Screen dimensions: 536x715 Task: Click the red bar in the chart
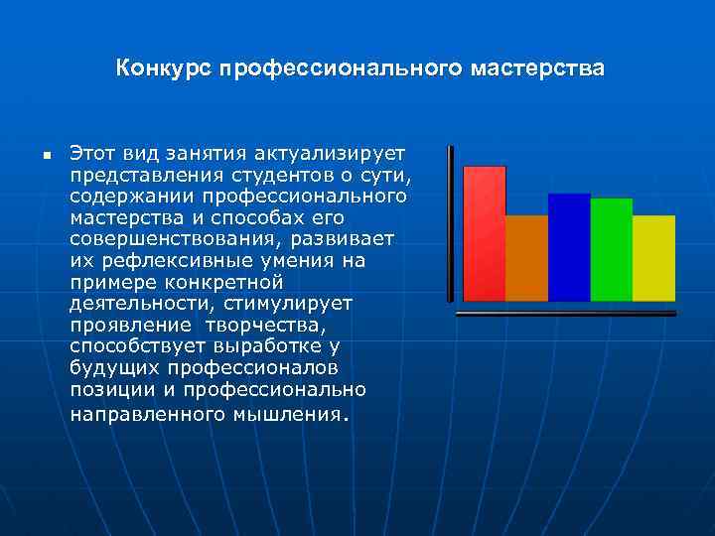(x=485, y=233)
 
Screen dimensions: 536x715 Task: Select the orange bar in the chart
(x=526, y=258)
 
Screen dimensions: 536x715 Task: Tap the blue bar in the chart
(x=569, y=247)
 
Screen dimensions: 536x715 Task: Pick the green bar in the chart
(x=611, y=249)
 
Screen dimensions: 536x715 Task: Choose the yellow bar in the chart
(x=653, y=258)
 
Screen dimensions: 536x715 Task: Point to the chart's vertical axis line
(x=451, y=223)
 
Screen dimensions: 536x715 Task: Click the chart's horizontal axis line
(x=564, y=313)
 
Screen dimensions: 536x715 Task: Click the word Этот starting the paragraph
(x=90, y=153)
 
